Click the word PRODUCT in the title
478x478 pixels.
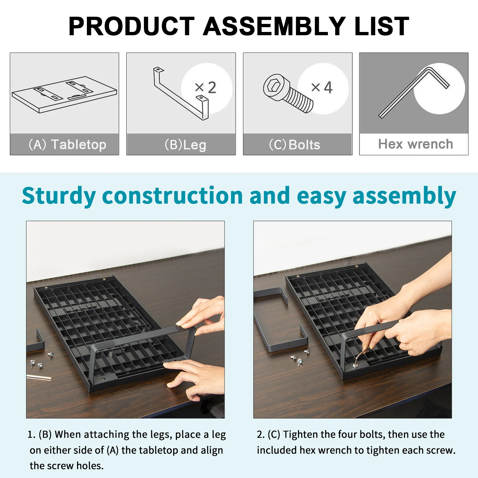pos(132,26)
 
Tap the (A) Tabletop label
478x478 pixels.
pos(67,145)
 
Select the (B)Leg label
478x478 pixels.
pos(185,145)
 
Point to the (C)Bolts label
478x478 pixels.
pos(294,145)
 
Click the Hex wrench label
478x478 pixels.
pos(416,144)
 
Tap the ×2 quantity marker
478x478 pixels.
pos(205,87)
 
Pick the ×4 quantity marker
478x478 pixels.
pos(322,87)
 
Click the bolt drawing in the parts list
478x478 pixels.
pos(288,93)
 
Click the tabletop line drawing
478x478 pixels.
pos(64,94)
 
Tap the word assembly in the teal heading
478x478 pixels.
pos(404,196)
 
